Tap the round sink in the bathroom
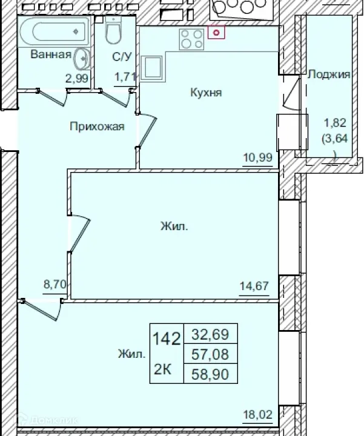pyautogui.click(x=81, y=58)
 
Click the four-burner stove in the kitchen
pyautogui.click(x=191, y=39)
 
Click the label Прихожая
pyautogui.click(x=97, y=127)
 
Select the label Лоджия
pyautogui.click(x=329, y=75)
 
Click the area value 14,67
pyautogui.click(x=254, y=285)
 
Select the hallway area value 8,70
pyautogui.click(x=53, y=283)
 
